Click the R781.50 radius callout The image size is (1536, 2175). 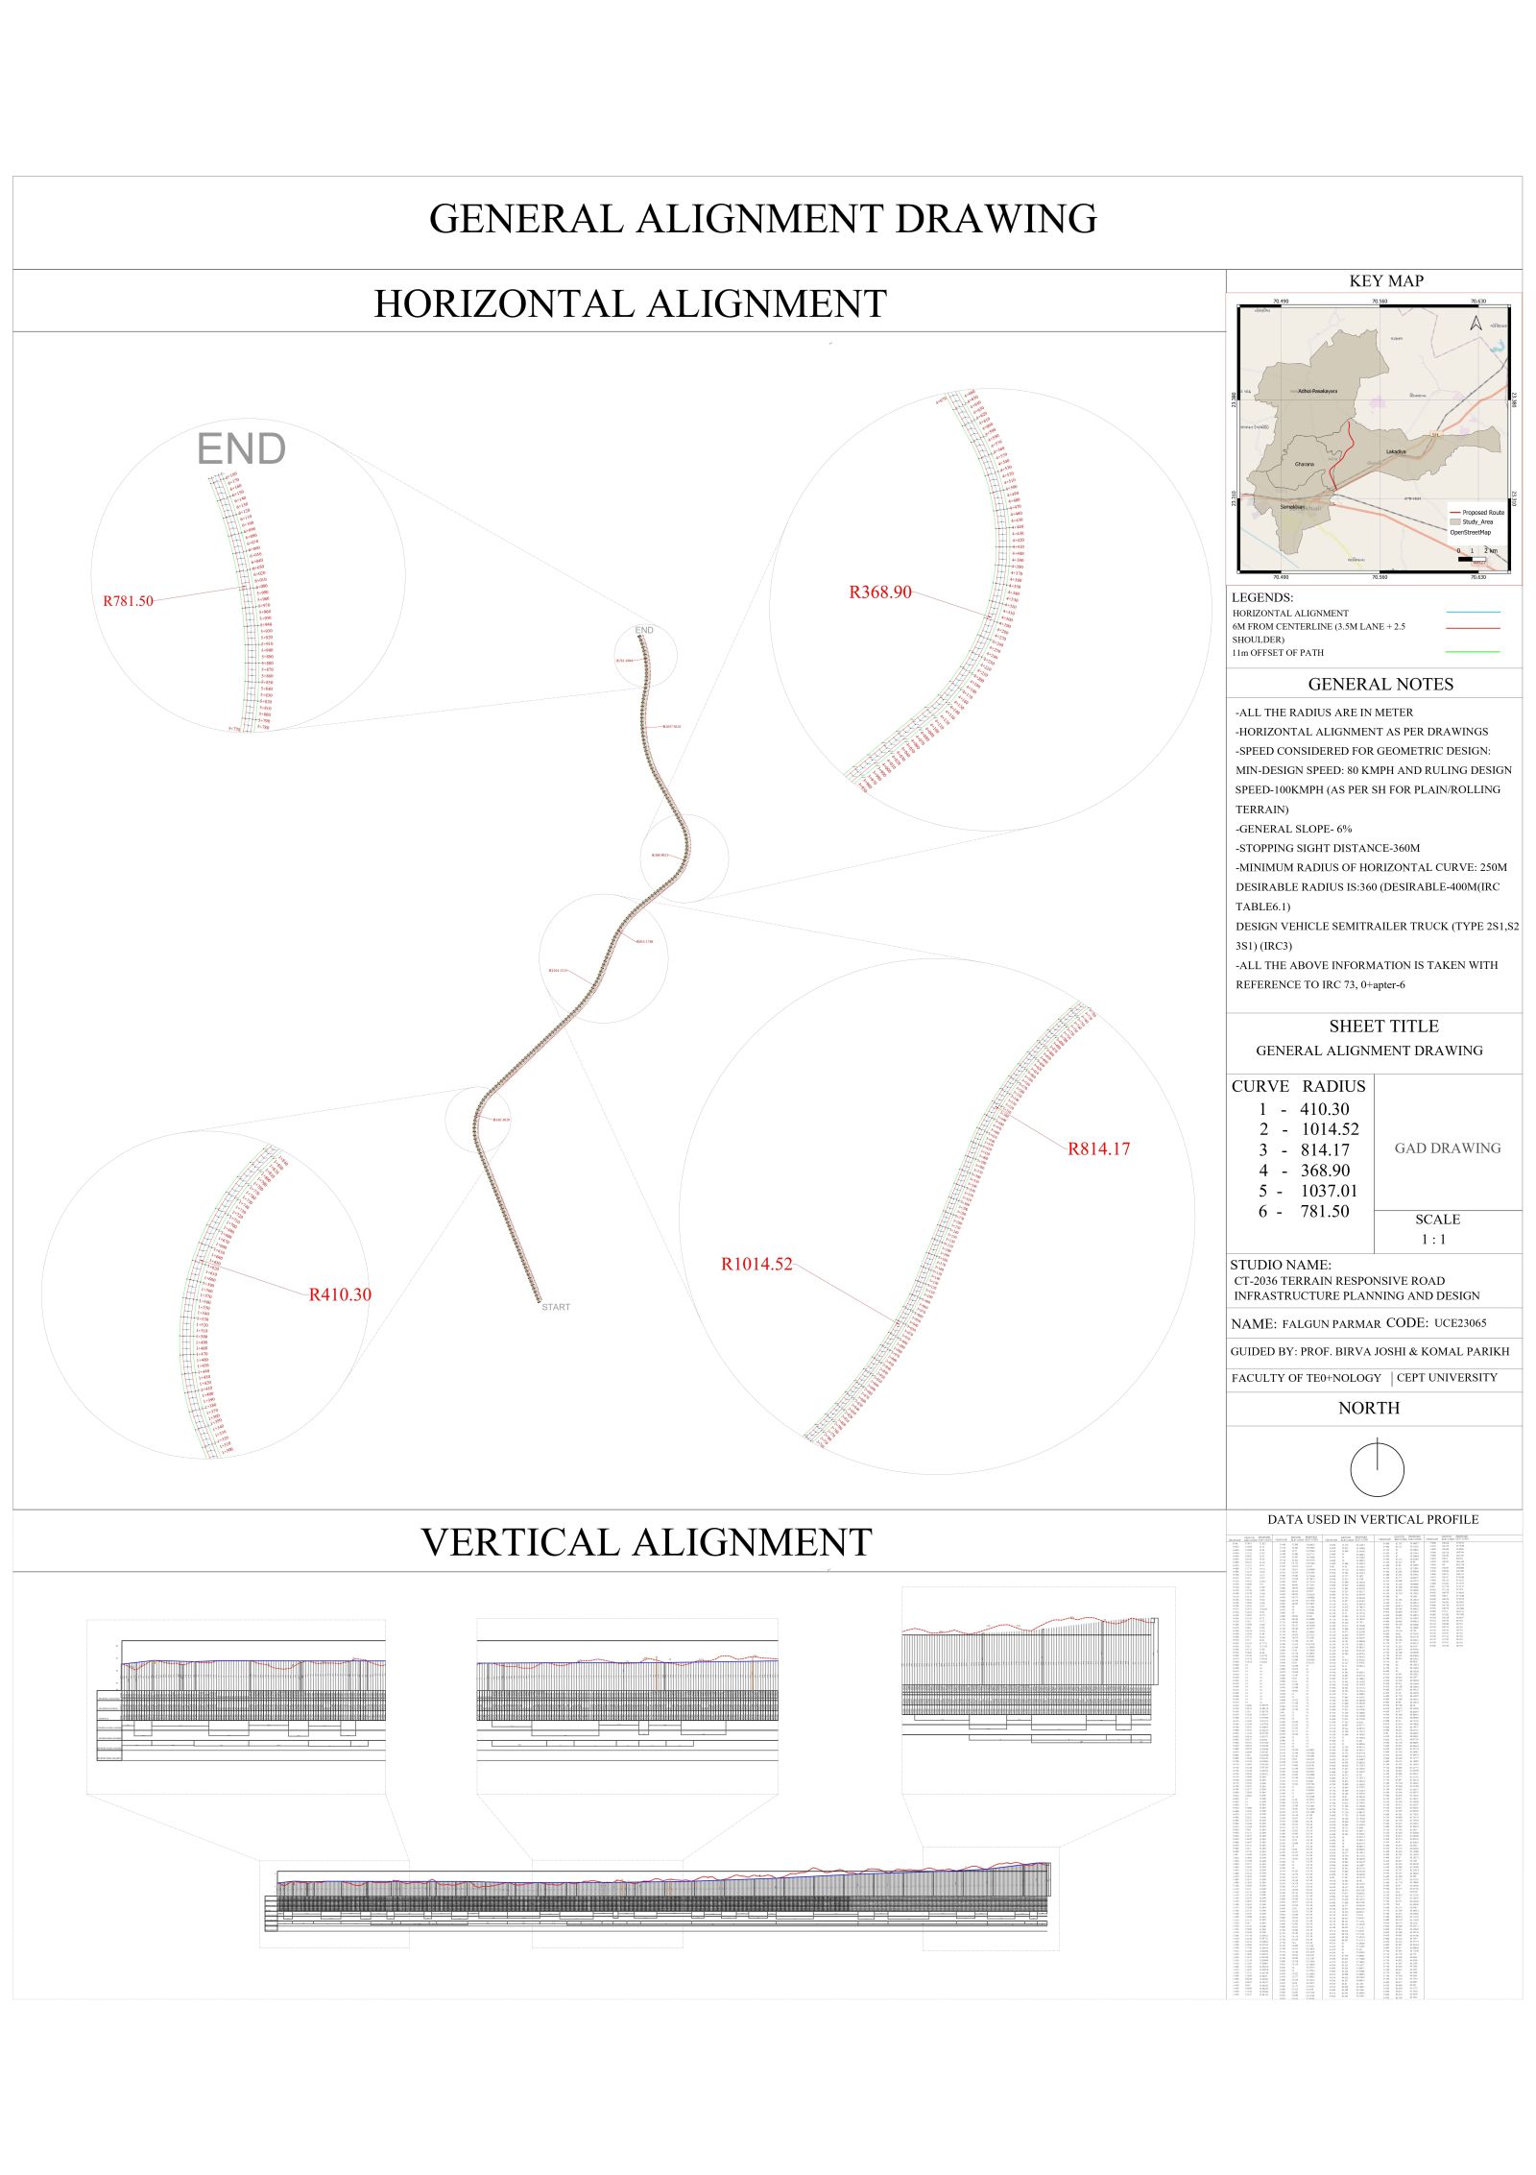tap(128, 601)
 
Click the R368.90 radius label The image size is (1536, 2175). tap(879, 592)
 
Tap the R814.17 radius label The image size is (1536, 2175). tap(1098, 1148)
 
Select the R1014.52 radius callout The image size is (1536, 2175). tap(756, 1265)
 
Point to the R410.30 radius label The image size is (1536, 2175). tap(340, 1294)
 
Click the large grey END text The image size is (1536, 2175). tap(241, 449)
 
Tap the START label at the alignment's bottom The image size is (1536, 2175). tap(555, 1307)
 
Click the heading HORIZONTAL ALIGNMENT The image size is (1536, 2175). tap(630, 304)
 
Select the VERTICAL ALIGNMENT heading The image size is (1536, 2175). tap(646, 1542)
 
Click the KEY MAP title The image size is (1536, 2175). tap(1385, 281)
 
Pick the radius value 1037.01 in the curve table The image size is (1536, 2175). tap(1329, 1191)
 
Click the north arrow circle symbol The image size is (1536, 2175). tap(1377, 1469)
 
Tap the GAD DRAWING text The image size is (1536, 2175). tap(1447, 1148)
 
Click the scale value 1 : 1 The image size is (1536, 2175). tap(1433, 1240)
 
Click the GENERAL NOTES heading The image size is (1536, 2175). tap(1380, 685)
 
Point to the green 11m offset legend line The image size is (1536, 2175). tap(1472, 652)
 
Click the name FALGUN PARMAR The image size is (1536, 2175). tap(1331, 1324)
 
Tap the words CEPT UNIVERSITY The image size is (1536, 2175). tap(1446, 1378)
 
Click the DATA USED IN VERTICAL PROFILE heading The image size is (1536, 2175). tap(1372, 1519)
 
